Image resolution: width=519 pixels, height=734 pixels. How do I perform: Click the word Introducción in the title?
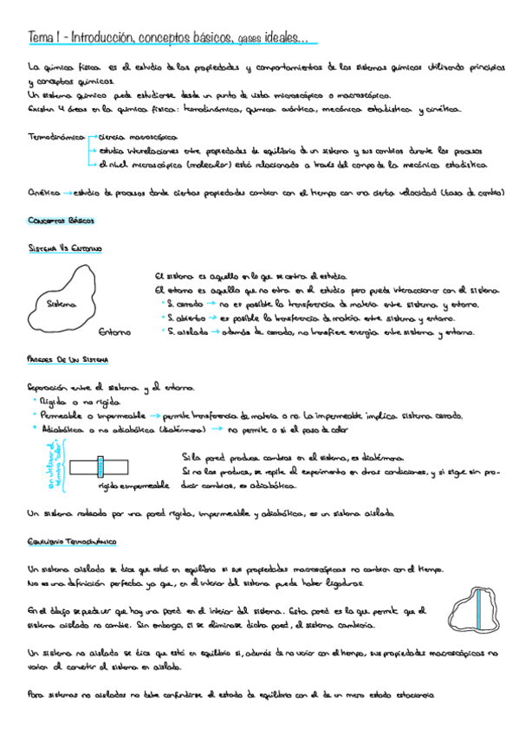(x=101, y=37)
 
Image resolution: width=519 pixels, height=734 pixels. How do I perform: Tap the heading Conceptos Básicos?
(x=59, y=222)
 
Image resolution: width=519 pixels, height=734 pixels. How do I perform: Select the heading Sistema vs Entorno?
(x=65, y=249)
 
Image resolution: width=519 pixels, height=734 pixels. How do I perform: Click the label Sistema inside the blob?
(x=61, y=304)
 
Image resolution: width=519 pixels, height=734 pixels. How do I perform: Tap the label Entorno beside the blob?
(x=115, y=332)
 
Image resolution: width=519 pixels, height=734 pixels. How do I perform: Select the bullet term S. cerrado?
(x=185, y=304)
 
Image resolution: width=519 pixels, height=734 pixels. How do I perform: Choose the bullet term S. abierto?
(x=185, y=318)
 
